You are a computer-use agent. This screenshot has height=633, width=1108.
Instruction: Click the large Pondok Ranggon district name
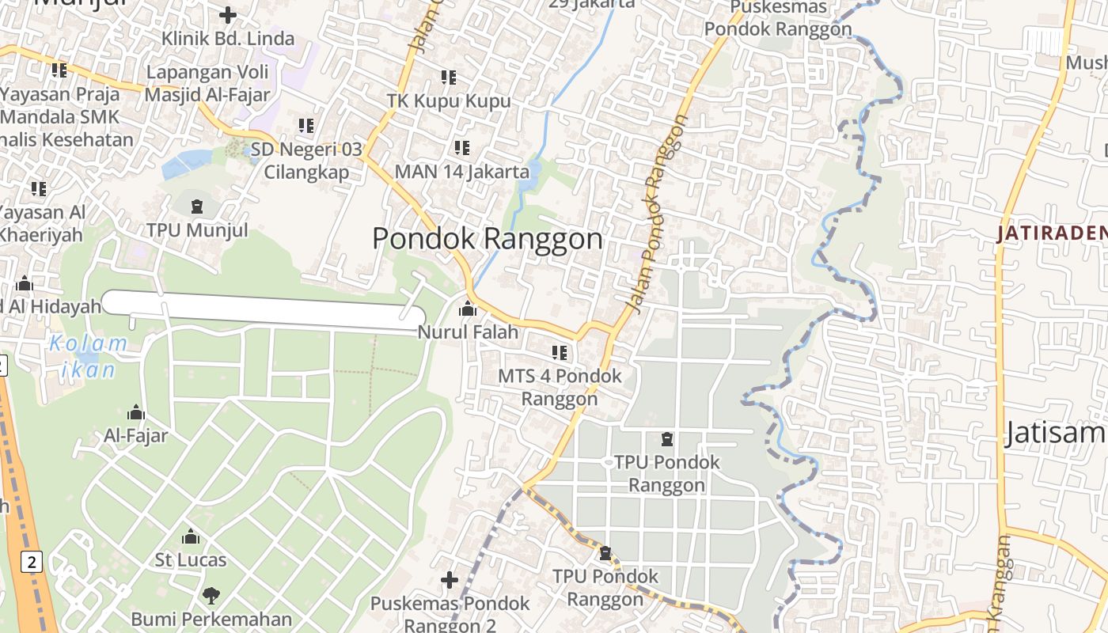[x=488, y=239]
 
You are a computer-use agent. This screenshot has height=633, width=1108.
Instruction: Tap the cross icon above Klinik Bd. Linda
[x=228, y=15]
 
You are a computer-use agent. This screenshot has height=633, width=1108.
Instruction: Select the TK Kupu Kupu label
[x=449, y=101]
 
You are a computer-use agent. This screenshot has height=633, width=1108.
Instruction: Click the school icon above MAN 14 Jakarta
[x=462, y=147]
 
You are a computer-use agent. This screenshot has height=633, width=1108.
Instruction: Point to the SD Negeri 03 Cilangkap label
[x=307, y=161]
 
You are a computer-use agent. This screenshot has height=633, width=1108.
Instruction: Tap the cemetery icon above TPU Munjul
[x=196, y=207]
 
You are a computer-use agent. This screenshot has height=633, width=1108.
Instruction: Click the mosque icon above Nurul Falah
[x=468, y=309]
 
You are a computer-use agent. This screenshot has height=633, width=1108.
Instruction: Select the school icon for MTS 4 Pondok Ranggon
[x=560, y=352]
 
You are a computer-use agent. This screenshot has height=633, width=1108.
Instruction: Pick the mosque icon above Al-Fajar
[x=136, y=412]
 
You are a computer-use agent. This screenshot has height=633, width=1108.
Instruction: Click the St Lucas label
[x=191, y=560]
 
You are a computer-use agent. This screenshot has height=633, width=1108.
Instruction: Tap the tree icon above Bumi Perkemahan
[x=211, y=595]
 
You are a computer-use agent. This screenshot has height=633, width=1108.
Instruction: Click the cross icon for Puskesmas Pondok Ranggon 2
[x=449, y=581]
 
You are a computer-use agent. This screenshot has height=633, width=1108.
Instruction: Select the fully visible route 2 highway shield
[x=31, y=563]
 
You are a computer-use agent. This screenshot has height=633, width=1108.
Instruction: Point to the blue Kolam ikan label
[x=87, y=356]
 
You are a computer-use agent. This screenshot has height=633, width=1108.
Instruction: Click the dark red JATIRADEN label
[x=1051, y=233]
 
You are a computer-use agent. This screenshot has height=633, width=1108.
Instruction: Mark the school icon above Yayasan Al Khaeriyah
[x=38, y=189]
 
